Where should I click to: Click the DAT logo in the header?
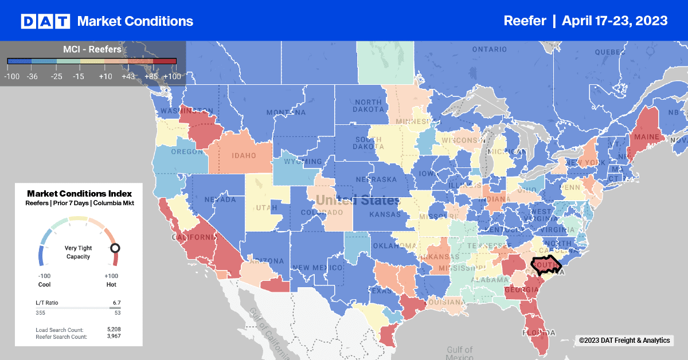[45, 21]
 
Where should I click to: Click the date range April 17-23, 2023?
[615, 21]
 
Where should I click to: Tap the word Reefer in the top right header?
[524, 21]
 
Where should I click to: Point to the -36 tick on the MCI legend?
[32, 76]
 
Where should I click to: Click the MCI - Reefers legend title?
[92, 49]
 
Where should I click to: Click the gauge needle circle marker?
[115, 248]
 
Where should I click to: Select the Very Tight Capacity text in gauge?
[79, 253]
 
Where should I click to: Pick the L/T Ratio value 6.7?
[116, 302]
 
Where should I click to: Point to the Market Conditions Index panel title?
[79, 193]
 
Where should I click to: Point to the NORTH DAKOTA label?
[367, 107]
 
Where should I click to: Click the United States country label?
[357, 201]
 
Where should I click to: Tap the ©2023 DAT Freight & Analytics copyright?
[624, 341]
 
